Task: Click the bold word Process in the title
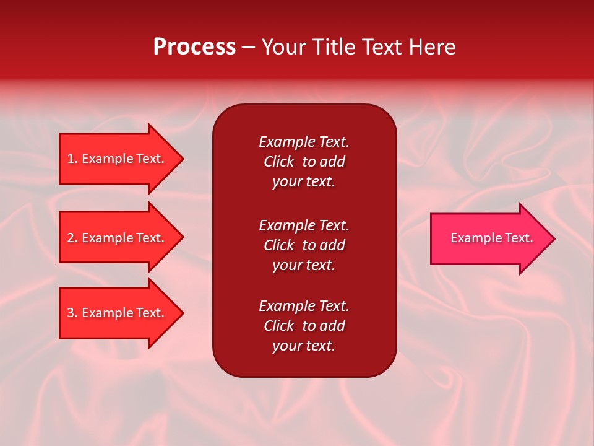[x=194, y=47]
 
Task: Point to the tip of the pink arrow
[x=553, y=238]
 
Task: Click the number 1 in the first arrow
[x=71, y=159]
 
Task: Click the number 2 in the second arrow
[x=71, y=238]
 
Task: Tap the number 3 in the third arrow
[x=71, y=313]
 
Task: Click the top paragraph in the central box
[x=304, y=162]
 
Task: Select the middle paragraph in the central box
[x=304, y=245]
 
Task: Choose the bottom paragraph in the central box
[x=304, y=326]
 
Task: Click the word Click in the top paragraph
[x=278, y=162]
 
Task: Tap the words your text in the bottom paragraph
[x=304, y=346]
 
